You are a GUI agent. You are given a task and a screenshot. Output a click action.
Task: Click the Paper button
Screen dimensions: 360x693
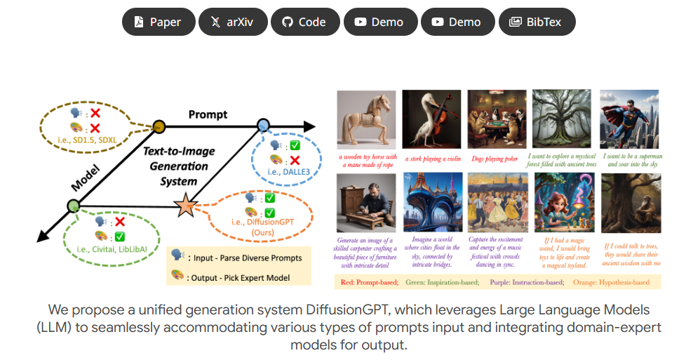(158, 22)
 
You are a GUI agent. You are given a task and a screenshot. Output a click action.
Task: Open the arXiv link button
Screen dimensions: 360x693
(233, 22)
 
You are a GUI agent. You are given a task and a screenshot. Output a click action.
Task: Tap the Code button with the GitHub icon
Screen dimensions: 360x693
(304, 22)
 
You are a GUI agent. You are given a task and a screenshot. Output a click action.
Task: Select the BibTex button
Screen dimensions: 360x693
(537, 22)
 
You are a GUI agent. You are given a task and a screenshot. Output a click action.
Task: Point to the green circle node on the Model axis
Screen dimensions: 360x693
(73, 206)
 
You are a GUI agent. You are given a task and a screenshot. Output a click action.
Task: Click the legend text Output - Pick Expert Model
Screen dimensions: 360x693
(239, 278)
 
